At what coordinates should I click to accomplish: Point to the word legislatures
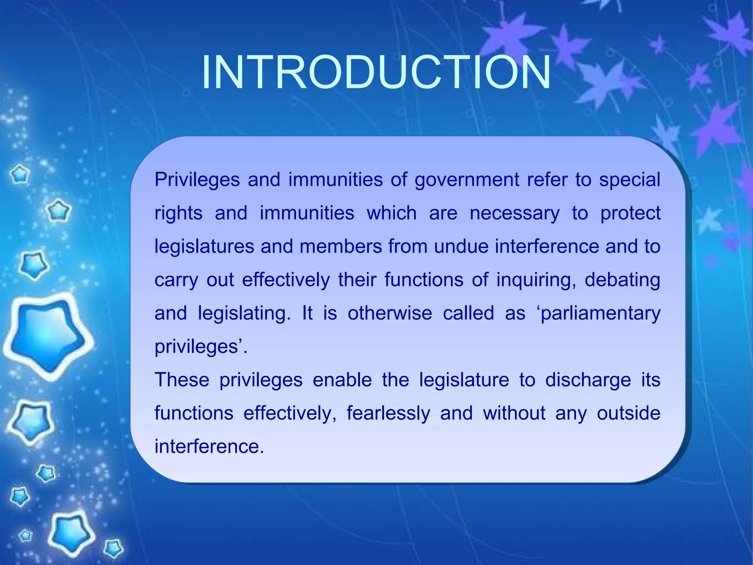(204, 246)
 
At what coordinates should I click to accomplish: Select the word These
(182, 380)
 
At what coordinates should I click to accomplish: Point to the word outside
(628, 413)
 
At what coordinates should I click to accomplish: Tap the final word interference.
(209, 447)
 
